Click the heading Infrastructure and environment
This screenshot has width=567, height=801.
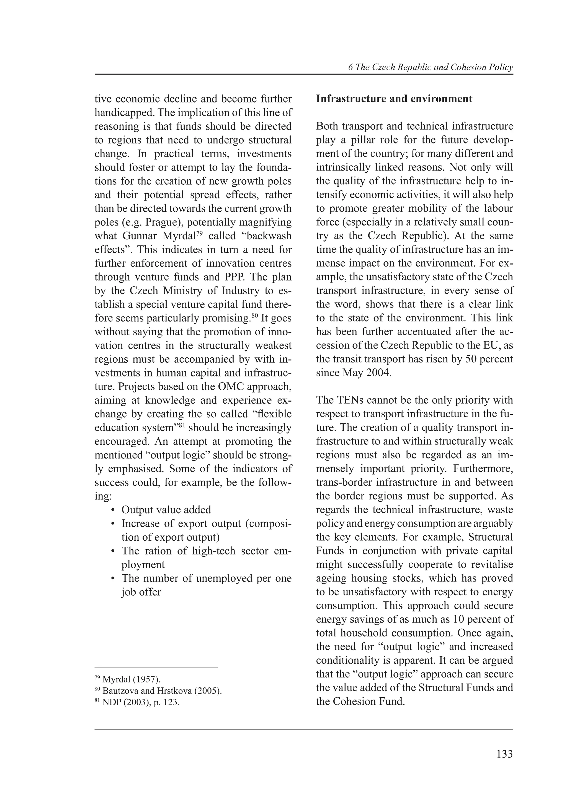(x=394, y=99)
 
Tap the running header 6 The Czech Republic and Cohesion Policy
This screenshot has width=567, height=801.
(x=431, y=67)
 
